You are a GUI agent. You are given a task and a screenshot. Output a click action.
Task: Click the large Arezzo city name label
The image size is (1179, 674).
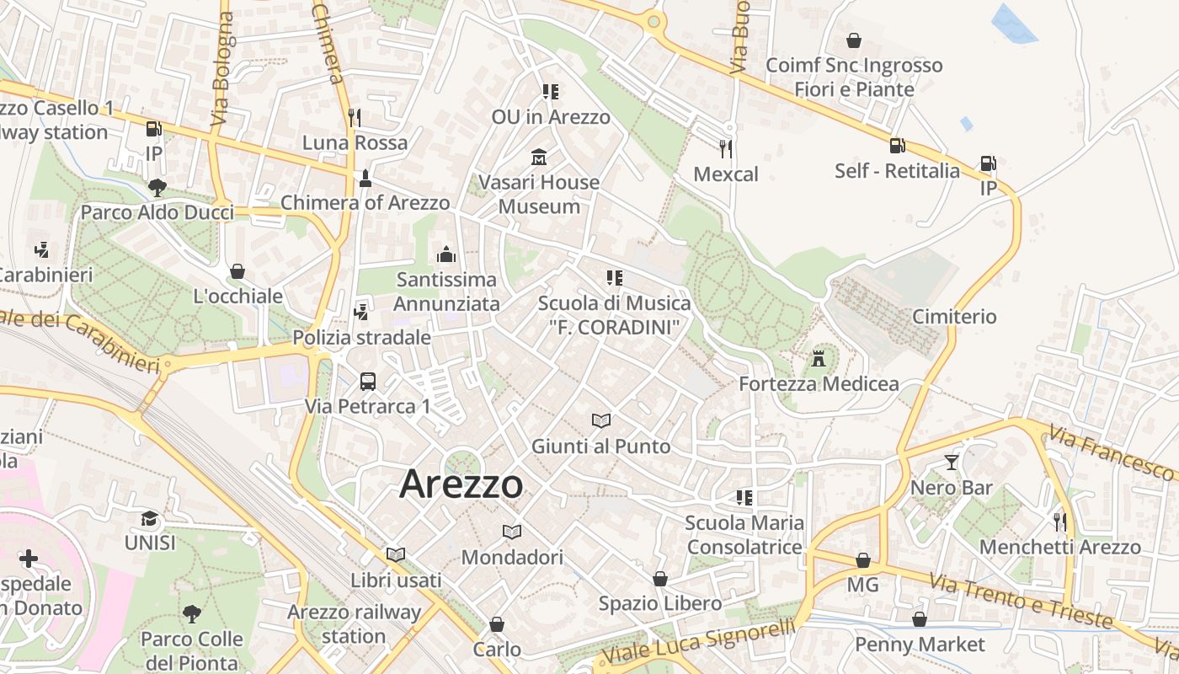pyautogui.click(x=461, y=484)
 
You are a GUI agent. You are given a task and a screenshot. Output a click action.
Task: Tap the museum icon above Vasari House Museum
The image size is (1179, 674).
pyautogui.click(x=539, y=158)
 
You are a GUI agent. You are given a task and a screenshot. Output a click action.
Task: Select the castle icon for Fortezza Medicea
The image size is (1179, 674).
pyautogui.click(x=818, y=360)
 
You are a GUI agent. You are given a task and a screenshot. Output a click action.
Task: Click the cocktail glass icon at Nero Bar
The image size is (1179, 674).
pyautogui.click(x=952, y=463)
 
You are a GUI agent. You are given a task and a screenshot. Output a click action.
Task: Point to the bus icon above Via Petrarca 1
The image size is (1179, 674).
pyautogui.click(x=368, y=382)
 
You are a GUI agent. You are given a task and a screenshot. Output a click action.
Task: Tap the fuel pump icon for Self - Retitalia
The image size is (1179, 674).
pyautogui.click(x=897, y=146)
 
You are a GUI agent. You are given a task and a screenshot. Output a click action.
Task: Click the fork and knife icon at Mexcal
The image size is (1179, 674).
pyautogui.click(x=726, y=149)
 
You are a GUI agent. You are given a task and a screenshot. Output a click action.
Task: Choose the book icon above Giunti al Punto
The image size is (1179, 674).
pyautogui.click(x=600, y=420)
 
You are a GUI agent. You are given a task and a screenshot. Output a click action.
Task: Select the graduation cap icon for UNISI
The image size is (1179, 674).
pyautogui.click(x=150, y=518)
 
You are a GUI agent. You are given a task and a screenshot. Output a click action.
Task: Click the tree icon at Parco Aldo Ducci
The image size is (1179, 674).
pyautogui.click(x=157, y=187)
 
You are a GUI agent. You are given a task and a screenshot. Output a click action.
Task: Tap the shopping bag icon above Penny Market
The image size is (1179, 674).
pyautogui.click(x=920, y=619)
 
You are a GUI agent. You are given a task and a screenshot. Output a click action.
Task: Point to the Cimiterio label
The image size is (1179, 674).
pyautogui.click(x=954, y=317)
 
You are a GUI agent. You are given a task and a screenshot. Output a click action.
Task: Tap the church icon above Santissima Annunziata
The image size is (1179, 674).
pyautogui.click(x=446, y=254)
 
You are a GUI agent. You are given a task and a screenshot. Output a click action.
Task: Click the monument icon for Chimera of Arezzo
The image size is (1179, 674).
pyautogui.click(x=365, y=178)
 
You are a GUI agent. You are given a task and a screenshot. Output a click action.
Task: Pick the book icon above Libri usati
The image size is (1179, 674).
pyautogui.click(x=396, y=554)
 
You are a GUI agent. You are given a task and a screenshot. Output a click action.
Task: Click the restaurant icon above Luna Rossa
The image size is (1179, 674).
pyautogui.click(x=355, y=117)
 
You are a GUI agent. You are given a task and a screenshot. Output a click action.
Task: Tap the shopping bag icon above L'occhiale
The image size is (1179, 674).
pyautogui.click(x=237, y=271)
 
